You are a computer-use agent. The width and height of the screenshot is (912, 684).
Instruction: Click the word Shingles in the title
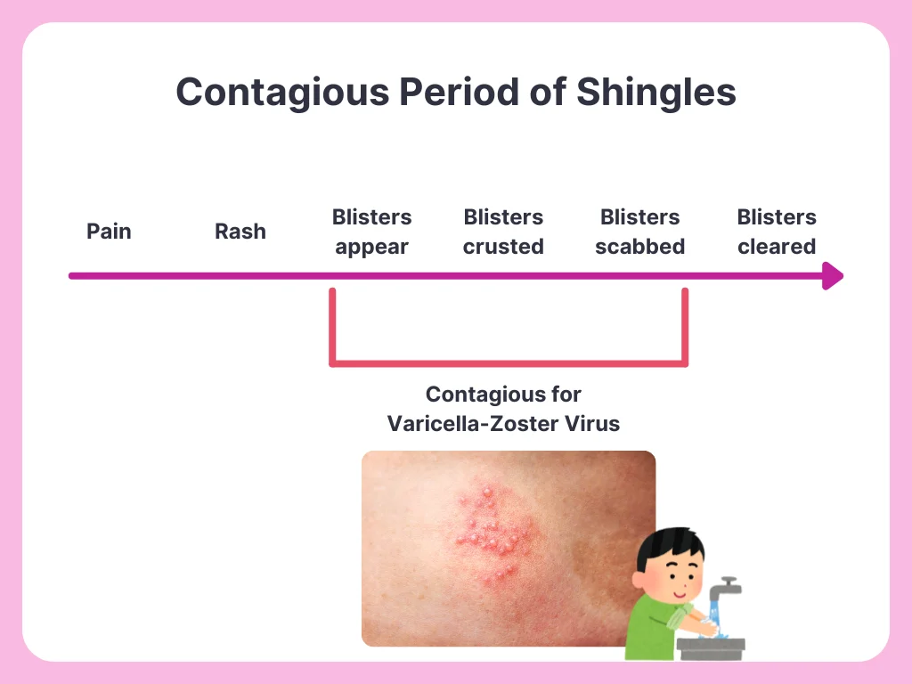656,93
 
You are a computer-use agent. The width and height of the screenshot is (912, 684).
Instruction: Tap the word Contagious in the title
282,93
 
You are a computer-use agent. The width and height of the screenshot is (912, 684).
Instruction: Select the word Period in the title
459,92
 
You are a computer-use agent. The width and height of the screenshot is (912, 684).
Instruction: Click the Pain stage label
109,231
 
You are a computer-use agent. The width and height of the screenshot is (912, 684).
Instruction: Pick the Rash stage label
240,231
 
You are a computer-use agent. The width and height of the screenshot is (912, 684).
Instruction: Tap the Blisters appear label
371,232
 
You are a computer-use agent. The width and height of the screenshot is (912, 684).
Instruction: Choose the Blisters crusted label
503,232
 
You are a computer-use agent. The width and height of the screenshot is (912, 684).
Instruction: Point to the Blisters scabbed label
639,232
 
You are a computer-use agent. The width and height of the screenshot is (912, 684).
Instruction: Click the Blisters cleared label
777,232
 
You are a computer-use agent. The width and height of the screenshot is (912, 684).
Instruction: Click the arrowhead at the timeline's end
833,276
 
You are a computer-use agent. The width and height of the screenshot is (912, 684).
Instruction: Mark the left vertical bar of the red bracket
333,326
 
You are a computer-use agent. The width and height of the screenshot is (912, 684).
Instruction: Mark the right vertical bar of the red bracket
685,326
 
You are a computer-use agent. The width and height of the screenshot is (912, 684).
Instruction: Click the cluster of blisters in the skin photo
493,533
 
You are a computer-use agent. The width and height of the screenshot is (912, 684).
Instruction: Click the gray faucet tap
724,589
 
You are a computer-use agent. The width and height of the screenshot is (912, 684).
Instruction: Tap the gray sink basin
711,648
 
